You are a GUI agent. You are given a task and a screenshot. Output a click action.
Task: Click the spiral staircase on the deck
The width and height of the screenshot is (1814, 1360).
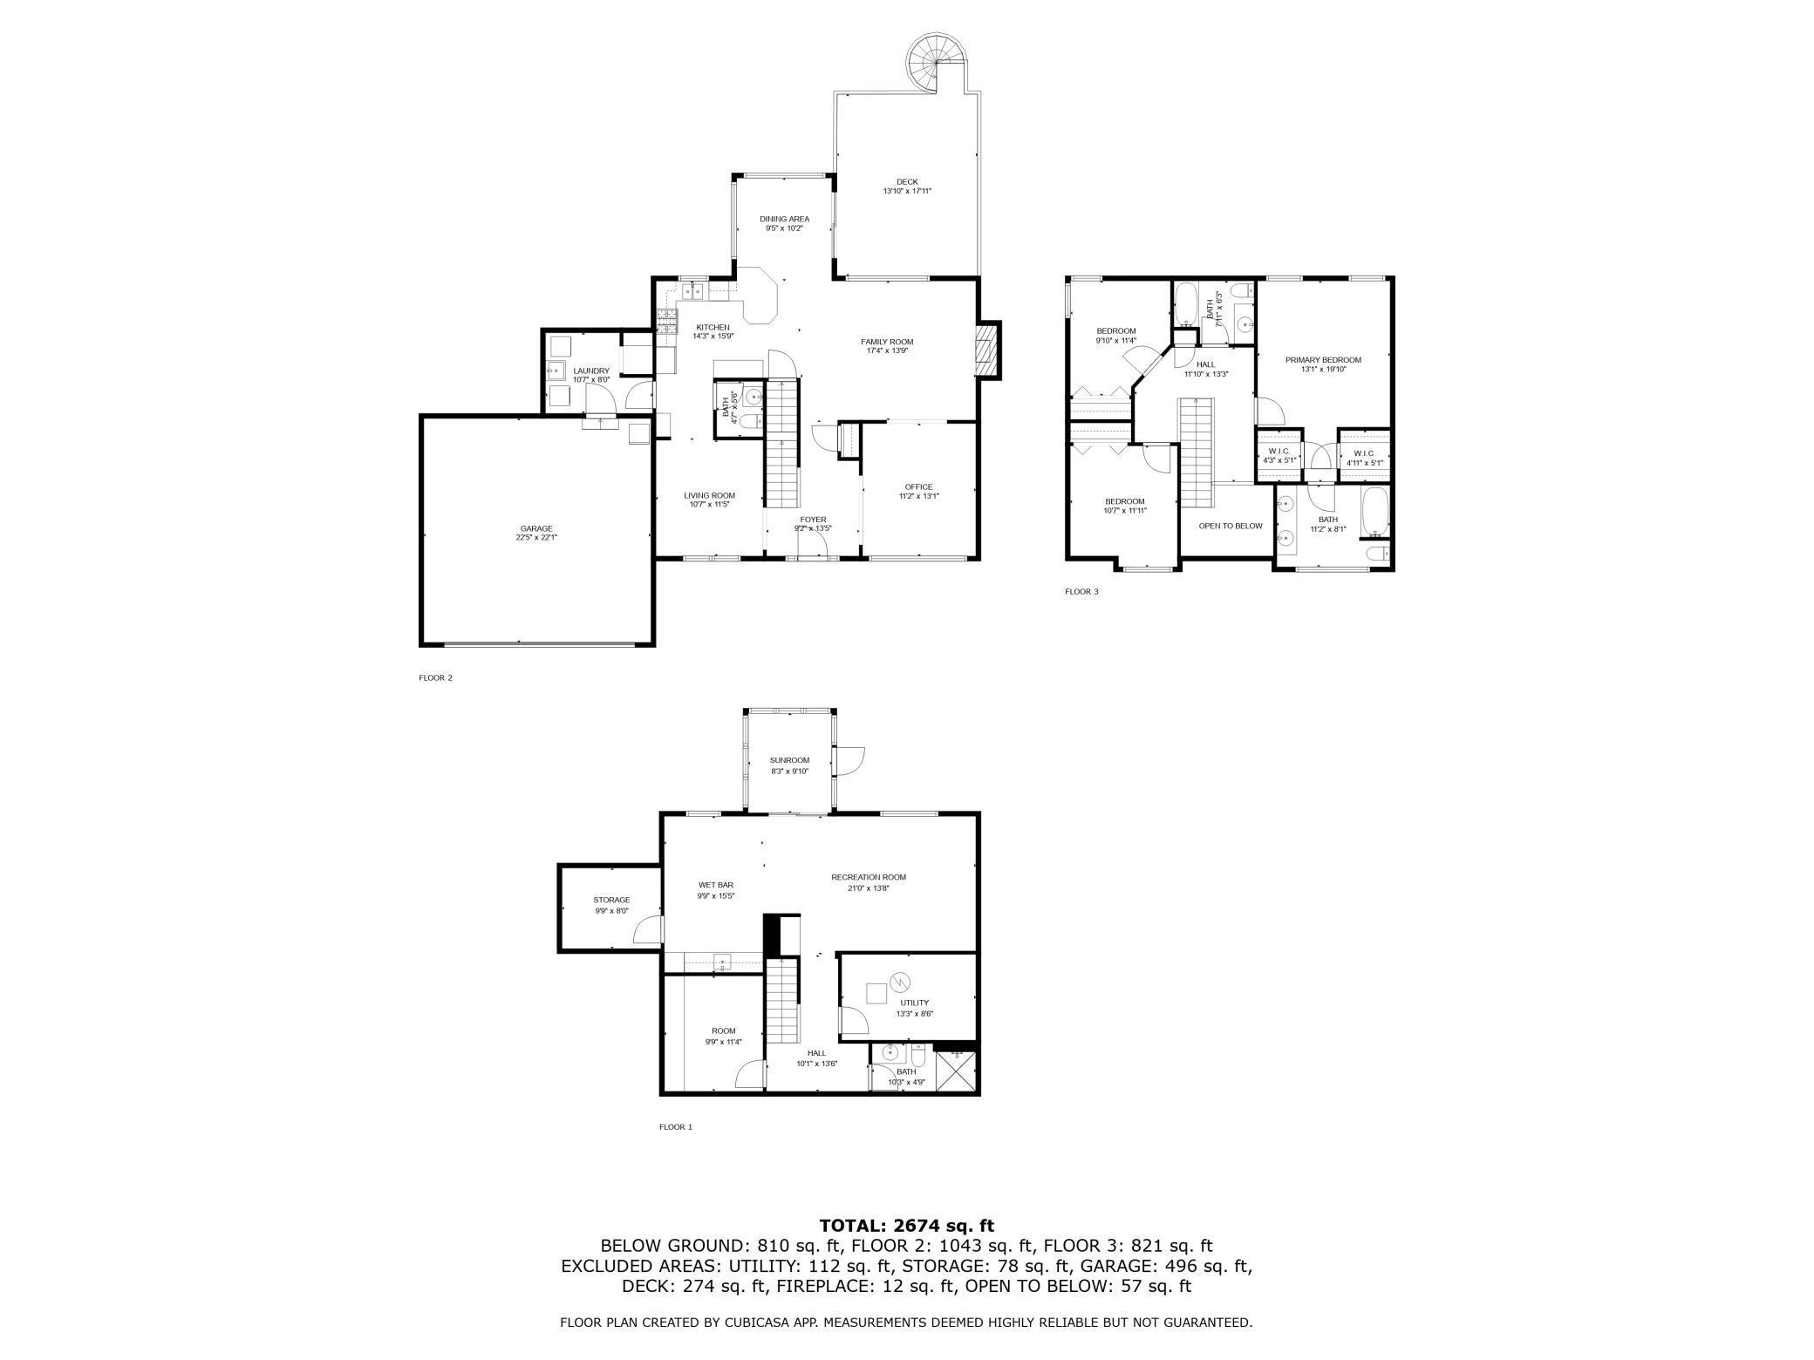click(937, 62)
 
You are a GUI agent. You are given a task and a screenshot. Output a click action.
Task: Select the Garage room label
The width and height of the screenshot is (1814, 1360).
click(536, 528)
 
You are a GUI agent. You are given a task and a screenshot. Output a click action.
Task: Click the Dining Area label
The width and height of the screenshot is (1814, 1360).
click(784, 219)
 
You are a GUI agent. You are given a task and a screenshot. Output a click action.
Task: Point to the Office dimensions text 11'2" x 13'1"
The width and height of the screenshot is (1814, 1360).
click(918, 496)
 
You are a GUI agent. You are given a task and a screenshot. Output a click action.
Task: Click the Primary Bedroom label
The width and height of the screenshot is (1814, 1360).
click(1322, 359)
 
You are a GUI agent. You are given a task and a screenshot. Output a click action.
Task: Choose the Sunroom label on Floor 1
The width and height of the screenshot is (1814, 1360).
click(789, 760)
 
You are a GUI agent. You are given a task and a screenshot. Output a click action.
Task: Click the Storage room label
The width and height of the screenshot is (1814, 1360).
click(611, 900)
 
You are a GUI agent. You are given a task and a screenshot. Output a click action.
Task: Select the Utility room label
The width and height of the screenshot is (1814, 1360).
click(914, 1003)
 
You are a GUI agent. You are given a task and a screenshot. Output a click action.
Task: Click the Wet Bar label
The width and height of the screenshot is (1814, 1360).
click(715, 885)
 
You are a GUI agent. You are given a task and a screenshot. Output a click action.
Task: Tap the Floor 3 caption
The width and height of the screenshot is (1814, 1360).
click(1081, 592)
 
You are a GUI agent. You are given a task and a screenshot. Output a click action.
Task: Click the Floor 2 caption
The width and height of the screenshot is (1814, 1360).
click(435, 677)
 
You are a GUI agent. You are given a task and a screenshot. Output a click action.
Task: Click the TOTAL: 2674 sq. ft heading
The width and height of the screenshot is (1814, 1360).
click(906, 1226)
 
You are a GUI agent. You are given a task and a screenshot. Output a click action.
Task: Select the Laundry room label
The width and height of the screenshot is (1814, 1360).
click(591, 371)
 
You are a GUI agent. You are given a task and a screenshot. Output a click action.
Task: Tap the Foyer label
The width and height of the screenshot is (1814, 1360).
click(813, 520)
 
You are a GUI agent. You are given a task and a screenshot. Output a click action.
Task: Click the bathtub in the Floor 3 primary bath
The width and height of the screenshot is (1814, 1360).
click(1374, 512)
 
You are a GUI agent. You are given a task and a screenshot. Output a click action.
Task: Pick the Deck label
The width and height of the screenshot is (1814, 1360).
click(906, 181)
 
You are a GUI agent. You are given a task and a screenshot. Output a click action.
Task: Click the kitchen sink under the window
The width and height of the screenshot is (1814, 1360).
click(692, 290)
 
